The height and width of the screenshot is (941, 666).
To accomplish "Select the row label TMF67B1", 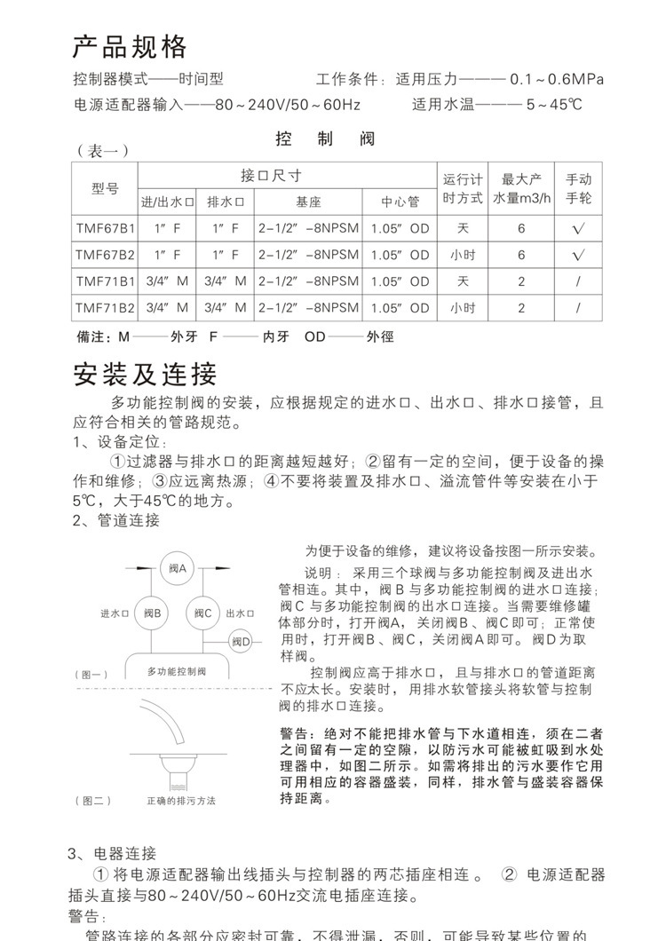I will click(x=105, y=228).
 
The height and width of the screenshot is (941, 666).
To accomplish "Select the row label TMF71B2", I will click(x=105, y=308).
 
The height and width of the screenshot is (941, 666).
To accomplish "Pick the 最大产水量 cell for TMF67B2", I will click(x=521, y=255).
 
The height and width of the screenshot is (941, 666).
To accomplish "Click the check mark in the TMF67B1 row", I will click(x=578, y=228).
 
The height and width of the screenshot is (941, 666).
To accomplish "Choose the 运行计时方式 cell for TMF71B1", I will click(x=463, y=281).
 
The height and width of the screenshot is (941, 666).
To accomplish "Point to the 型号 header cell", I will click(x=105, y=188).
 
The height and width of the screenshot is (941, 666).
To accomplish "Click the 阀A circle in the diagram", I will click(x=177, y=568).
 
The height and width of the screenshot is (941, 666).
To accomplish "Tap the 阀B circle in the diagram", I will click(x=152, y=613).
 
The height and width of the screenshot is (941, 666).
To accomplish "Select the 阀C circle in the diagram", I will click(x=202, y=613).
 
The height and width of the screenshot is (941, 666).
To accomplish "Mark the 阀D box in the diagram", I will click(x=242, y=641).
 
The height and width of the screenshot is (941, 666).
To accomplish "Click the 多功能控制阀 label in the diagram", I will click(x=176, y=671).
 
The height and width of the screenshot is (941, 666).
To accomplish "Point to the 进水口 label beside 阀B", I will click(x=115, y=613).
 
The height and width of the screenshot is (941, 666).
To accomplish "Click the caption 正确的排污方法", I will click(x=181, y=801).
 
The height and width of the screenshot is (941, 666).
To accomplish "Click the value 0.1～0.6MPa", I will click(x=557, y=79).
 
